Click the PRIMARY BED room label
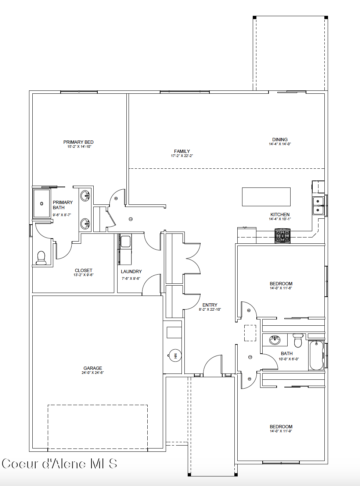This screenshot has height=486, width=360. [78, 142]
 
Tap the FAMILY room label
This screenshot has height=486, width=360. [182, 151]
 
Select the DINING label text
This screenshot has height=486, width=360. [280, 140]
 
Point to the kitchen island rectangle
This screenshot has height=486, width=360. [266, 197]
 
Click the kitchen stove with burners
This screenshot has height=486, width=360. [282, 236]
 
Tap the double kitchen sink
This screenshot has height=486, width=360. [318, 206]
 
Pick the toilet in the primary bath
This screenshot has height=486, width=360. [41, 258]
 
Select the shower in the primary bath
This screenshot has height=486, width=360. [42, 204]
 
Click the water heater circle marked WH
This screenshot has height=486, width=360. [175, 355]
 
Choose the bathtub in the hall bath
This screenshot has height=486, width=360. [317, 355]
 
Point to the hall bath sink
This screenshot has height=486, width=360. [275, 340]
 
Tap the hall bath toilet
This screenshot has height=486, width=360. [298, 340]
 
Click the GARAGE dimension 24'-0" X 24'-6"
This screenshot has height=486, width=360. [93, 373]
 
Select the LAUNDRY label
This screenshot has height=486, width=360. [132, 271]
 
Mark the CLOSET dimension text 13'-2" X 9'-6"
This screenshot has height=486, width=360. [83, 275]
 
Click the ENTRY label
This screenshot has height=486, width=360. [210, 305]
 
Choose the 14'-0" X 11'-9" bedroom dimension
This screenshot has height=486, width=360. [281, 431]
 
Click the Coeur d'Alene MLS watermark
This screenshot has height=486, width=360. [60, 464]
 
